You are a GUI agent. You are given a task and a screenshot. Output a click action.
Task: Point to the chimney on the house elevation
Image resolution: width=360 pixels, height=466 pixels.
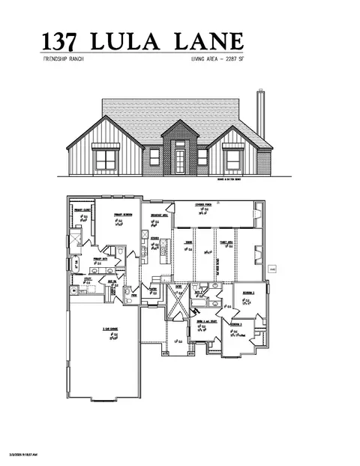[260, 117]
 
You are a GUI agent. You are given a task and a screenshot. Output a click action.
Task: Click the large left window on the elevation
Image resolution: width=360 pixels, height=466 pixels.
[104, 158]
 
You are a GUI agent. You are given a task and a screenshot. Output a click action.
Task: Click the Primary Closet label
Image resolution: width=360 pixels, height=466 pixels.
[82, 210]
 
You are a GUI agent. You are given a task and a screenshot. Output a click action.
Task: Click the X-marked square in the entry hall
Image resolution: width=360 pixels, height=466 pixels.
[175, 305]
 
